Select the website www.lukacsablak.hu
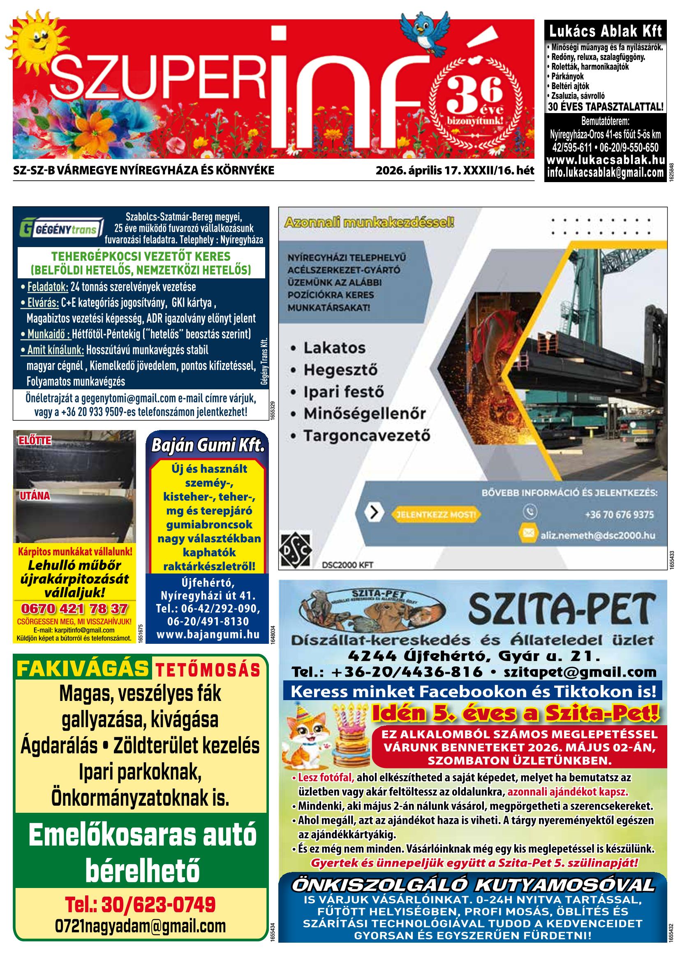click(606, 160)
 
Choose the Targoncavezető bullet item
click(367, 435)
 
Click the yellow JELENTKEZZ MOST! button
click(435, 514)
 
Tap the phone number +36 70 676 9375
click(619, 514)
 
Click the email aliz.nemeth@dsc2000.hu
click(597, 535)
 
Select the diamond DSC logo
click(295, 549)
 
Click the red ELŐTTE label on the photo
click(35, 440)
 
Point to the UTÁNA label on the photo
click(35, 496)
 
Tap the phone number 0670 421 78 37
click(74, 608)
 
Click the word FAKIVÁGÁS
click(83, 669)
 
